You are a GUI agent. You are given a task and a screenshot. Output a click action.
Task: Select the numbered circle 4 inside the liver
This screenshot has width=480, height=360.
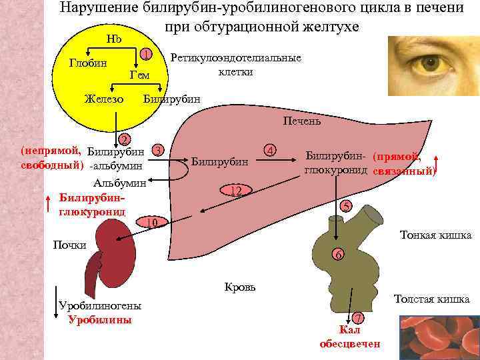point(270,149)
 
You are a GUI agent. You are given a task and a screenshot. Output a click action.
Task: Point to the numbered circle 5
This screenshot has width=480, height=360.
point(345,206)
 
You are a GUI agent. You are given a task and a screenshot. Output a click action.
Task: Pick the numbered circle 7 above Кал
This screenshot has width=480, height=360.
point(357,317)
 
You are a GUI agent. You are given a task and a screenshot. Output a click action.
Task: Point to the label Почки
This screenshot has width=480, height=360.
point(69,245)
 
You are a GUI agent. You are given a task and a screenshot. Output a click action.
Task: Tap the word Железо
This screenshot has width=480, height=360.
point(103,99)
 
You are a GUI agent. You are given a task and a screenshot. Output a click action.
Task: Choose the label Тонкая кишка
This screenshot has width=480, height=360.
point(435,235)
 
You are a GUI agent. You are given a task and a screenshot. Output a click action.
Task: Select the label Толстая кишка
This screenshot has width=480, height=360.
point(431,299)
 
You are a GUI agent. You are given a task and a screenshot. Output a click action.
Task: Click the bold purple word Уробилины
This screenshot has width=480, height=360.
point(100,319)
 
